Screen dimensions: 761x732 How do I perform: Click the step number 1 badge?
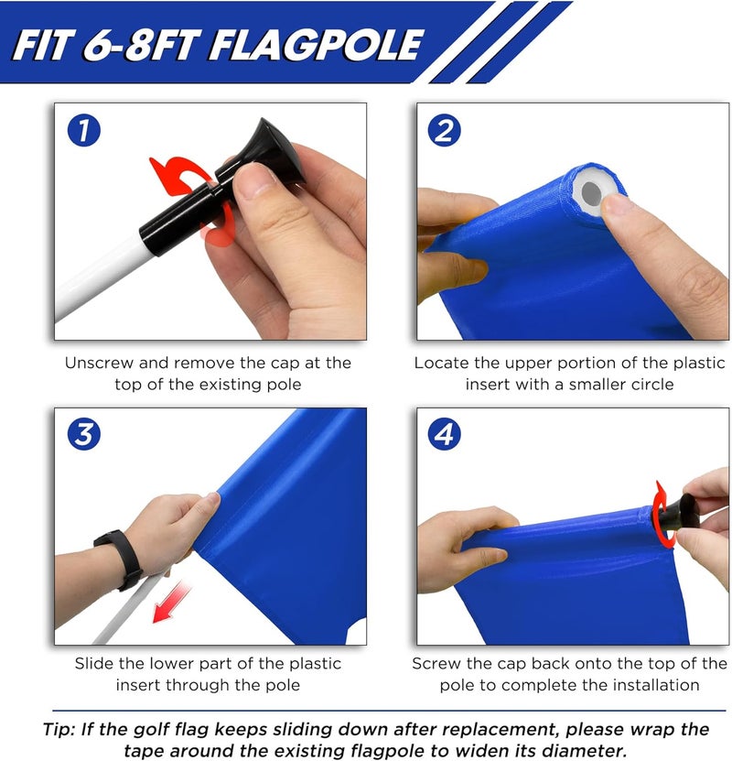coord(83,131)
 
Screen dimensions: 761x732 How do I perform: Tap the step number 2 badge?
coord(445,131)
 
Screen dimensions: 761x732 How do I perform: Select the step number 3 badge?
coord(83,436)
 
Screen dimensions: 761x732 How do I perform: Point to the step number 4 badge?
coord(445,436)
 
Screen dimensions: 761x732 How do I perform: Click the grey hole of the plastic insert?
coord(590,193)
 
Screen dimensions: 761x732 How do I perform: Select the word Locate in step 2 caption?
coord(443,363)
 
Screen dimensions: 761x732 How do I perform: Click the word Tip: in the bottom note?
coord(61,730)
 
